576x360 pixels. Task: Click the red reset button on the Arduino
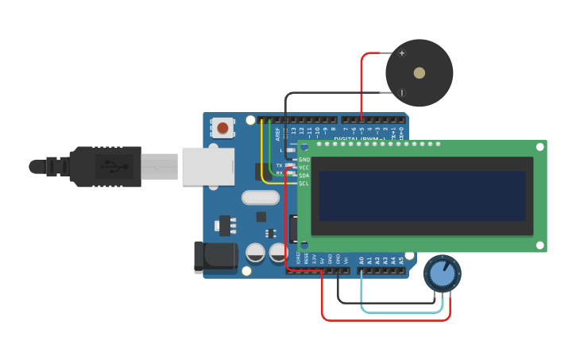pos(222,127)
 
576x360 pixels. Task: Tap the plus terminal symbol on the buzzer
pos(402,53)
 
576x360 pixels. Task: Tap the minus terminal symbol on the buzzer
pos(402,93)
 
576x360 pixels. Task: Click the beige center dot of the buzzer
pos(419,73)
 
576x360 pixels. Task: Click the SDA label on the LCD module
pos(304,176)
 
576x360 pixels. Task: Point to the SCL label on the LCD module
pos(304,184)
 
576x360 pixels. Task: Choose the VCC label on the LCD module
pos(304,168)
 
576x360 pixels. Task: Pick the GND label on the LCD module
pos(304,160)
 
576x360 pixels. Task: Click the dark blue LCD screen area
pos(422,195)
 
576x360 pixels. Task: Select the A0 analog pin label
pos(361,260)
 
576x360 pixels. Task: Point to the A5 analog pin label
pos(401,260)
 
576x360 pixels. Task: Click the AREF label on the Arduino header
pos(278,134)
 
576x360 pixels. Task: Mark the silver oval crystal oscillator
pos(261,198)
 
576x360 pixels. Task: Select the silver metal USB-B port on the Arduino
pos(208,166)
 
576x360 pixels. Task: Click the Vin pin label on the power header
pos(346,260)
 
